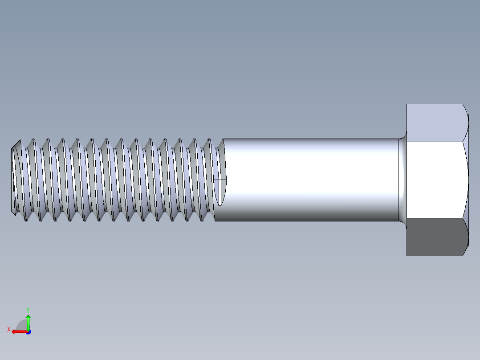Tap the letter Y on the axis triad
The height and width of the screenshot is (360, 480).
pos(28,309)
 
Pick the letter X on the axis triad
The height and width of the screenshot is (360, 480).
pos(8,330)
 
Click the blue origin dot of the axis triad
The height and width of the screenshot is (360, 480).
pos(28,332)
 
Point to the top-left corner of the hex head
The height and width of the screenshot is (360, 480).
pos(407,105)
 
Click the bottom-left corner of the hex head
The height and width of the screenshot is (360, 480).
pos(407,255)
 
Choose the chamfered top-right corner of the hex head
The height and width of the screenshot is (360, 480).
pos(466,109)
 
